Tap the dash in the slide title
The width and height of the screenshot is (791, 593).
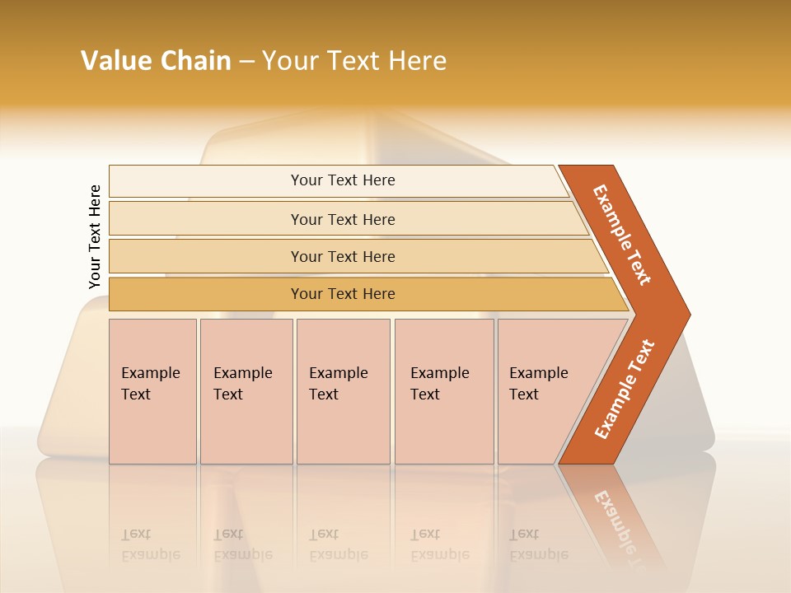click(x=246, y=62)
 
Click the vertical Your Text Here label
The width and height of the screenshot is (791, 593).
click(x=95, y=236)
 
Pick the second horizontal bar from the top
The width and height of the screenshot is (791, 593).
click(x=343, y=219)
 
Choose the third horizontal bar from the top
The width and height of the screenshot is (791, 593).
click(x=343, y=256)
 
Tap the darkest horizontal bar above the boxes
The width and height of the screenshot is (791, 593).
click(x=343, y=294)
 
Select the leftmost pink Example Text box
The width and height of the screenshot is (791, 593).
click(x=152, y=391)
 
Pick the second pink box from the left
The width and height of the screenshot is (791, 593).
click(x=246, y=391)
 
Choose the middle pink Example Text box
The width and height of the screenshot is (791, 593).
click(x=343, y=391)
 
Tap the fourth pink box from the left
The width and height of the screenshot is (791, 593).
click(x=444, y=391)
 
